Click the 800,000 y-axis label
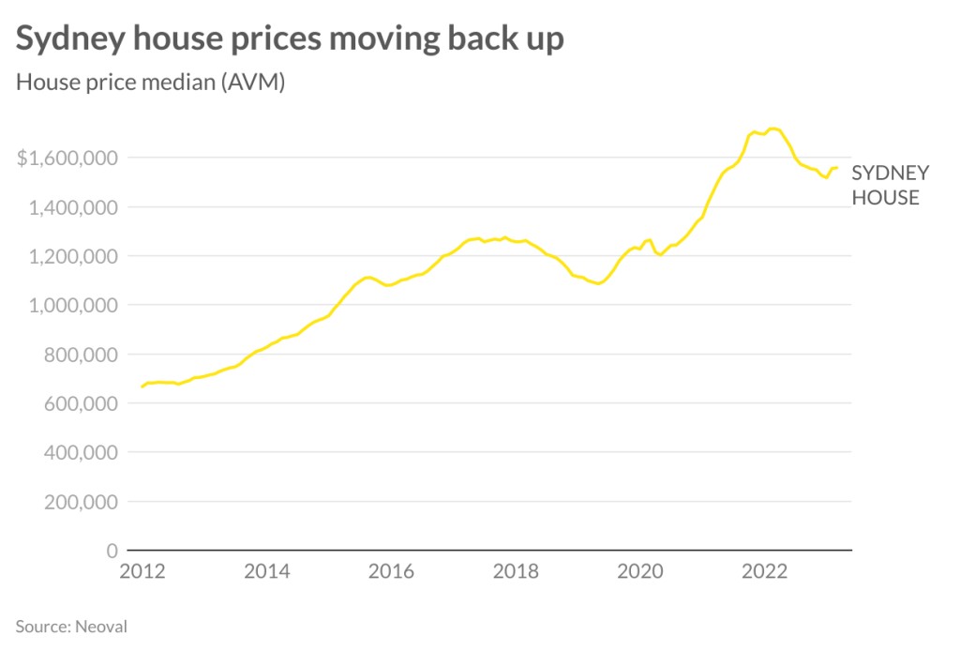pyautogui.click(x=80, y=355)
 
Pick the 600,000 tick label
pyautogui.click(x=80, y=403)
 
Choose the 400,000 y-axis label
pyautogui.click(x=80, y=452)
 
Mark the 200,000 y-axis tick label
pyautogui.click(x=80, y=502)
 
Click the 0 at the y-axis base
pyautogui.click(x=112, y=551)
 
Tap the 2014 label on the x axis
pyautogui.click(x=267, y=571)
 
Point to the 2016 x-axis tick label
pyautogui.click(x=392, y=571)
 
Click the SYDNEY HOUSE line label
pyautogui.click(x=890, y=185)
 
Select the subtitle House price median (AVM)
pyautogui.click(x=150, y=83)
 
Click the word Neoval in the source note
pyautogui.click(x=100, y=625)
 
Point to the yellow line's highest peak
pyautogui.click(x=772, y=129)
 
